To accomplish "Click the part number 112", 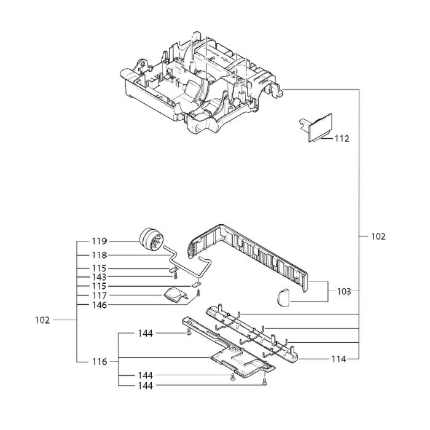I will coord(342,138).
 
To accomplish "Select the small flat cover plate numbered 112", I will coord(319,127).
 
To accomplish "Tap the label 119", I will coord(100,241).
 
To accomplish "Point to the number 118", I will coord(100,255).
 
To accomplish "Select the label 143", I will coord(100,277).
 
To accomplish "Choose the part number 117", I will coord(100,295).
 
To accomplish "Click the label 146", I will coord(100,305).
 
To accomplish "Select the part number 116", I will coord(100,362).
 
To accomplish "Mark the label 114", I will coord(339,359).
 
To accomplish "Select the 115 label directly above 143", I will coord(100,268).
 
